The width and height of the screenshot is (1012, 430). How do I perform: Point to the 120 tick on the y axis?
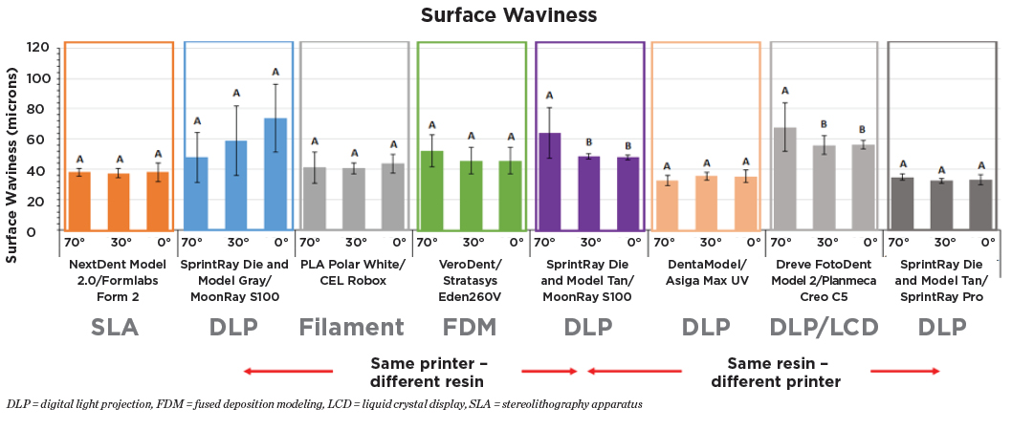coord(38,48)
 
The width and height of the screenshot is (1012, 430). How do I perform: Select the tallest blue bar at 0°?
coord(275,175)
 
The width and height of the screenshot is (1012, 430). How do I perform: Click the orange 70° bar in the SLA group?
coord(80,202)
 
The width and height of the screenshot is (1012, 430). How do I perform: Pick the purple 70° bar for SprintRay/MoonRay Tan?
coord(549,183)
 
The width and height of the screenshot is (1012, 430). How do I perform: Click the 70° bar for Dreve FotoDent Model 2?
coord(785,180)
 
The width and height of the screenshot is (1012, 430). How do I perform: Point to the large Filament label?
coord(350,328)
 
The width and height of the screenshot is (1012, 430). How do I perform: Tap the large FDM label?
coord(471,328)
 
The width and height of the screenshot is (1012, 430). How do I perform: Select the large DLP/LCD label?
coord(825,328)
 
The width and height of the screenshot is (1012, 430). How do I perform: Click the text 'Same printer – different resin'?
coord(429,372)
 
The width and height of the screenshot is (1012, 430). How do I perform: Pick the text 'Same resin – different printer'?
coord(778,372)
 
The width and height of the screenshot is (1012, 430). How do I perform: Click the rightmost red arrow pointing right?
coord(905,371)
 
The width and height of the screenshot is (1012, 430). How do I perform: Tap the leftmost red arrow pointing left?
coord(288,371)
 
